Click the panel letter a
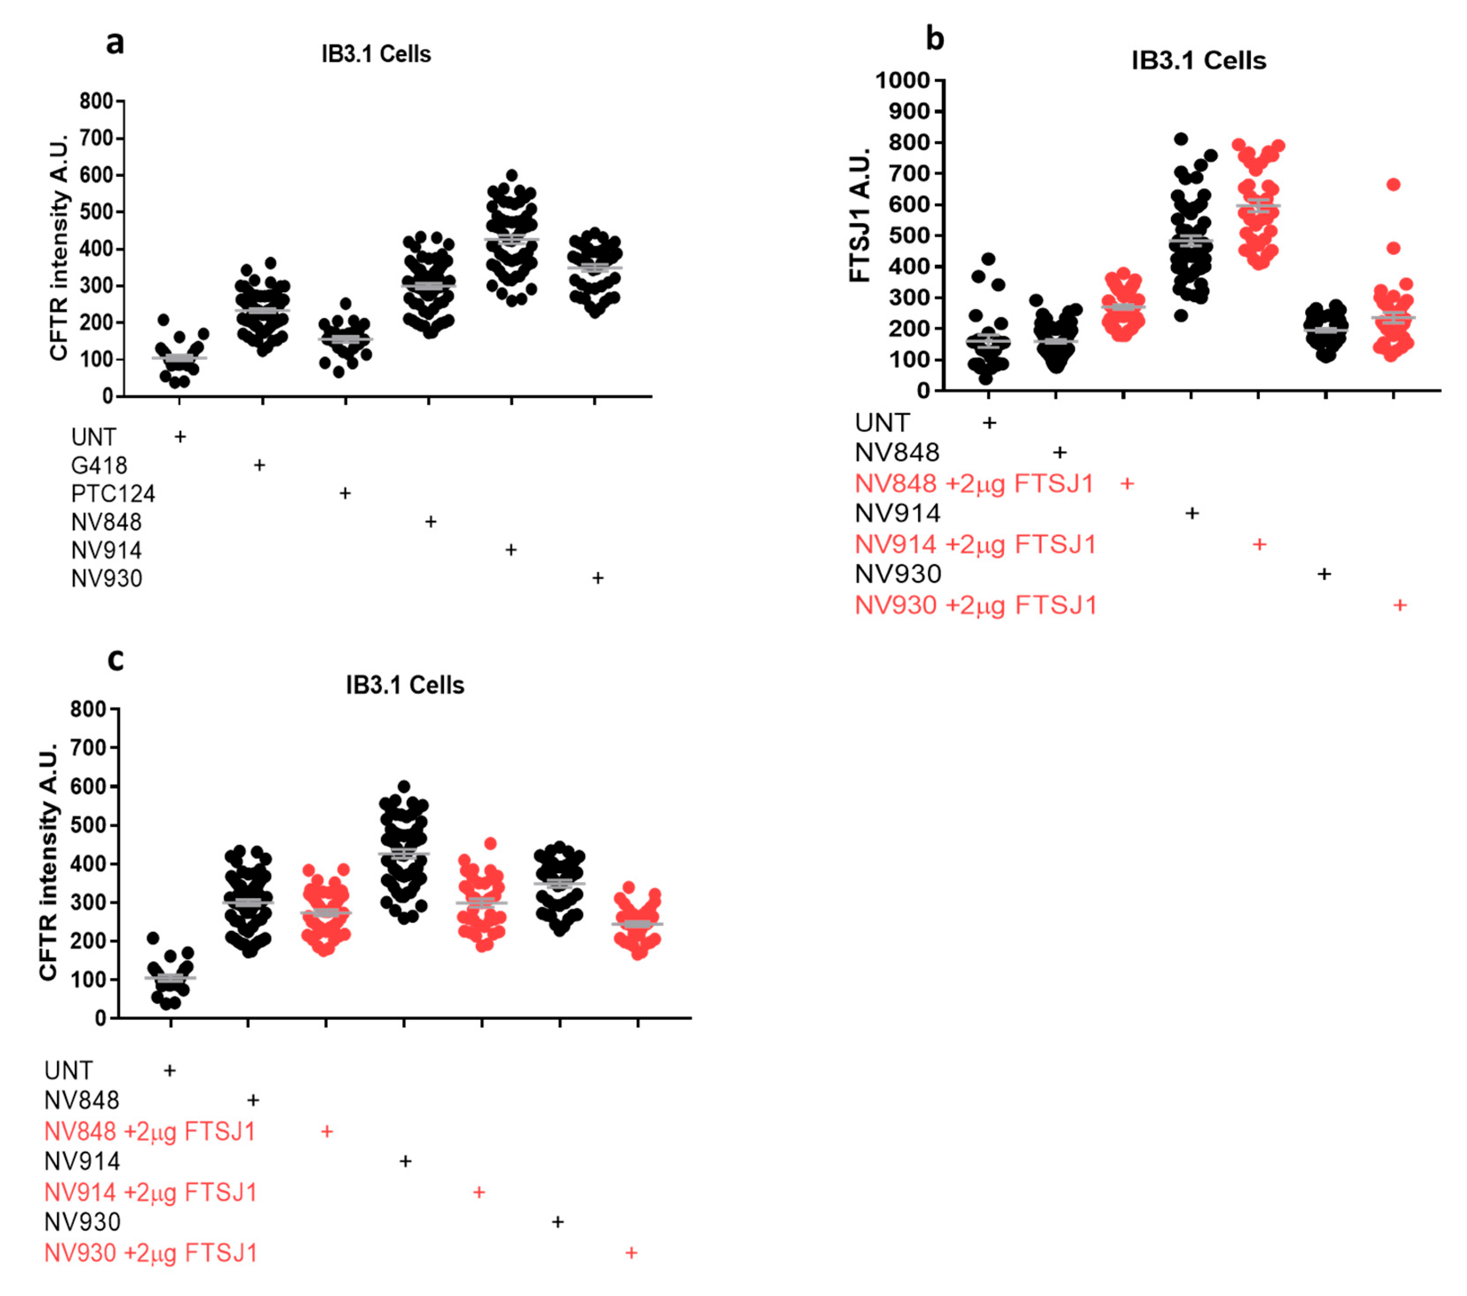click(115, 43)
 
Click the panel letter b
click(935, 37)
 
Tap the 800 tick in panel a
click(96, 101)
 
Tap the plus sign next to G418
click(260, 465)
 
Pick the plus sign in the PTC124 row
click(345, 493)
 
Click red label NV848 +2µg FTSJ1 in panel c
click(150, 1132)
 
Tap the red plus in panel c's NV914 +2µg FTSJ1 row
click(479, 1192)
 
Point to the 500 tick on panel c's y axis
click(87, 825)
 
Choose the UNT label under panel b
click(882, 423)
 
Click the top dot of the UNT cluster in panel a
click(164, 320)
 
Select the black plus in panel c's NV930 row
click(558, 1221)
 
